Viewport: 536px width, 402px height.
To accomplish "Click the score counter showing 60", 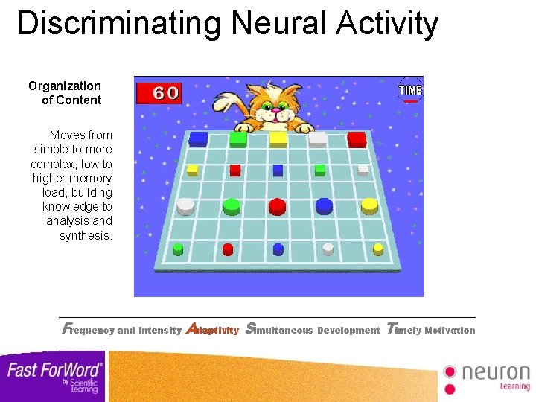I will [158, 93].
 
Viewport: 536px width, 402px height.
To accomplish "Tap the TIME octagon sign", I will [410, 90].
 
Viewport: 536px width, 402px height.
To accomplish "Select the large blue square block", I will [198, 138].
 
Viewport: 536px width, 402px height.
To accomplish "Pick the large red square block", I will [357, 139].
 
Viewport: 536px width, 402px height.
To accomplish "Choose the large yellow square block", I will [278, 138].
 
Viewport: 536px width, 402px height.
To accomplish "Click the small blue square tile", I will [278, 170].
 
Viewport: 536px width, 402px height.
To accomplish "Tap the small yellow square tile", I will [193, 170].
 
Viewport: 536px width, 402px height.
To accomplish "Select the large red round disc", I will [277, 205].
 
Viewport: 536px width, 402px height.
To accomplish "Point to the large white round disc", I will [185, 205].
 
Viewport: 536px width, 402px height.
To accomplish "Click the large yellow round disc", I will [369, 205].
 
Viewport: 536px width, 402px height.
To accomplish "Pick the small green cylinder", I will [178, 249].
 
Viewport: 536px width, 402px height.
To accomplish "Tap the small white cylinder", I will [328, 249].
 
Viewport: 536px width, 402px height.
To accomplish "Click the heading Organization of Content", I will [66, 93].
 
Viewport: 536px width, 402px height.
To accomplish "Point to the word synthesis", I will [86, 235].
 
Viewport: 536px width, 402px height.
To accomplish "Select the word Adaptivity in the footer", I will [212, 329].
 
